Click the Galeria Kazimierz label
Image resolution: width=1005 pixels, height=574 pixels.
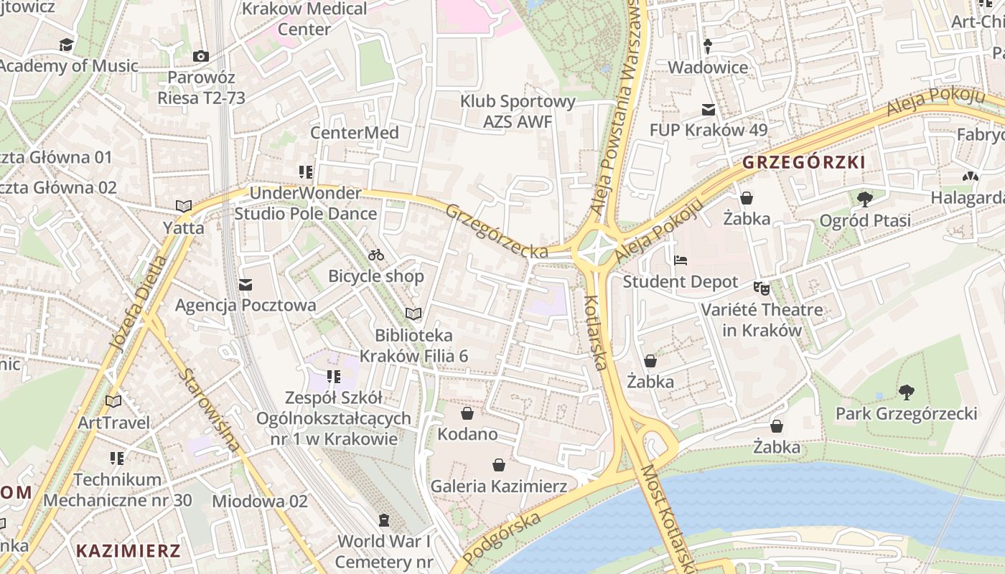click(x=498, y=486)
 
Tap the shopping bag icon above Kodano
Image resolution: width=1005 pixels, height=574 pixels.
click(x=467, y=413)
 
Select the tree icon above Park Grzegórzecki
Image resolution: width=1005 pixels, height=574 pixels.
click(x=906, y=392)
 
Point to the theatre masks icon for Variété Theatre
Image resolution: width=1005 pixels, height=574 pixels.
click(x=761, y=288)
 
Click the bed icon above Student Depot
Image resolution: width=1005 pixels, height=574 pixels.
click(x=680, y=260)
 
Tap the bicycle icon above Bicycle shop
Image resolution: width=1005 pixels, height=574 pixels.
click(x=376, y=255)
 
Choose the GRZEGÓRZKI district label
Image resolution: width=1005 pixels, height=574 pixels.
click(x=803, y=162)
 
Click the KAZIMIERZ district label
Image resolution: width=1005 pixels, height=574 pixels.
click(x=128, y=551)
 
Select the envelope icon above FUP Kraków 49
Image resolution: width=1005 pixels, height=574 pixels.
click(x=709, y=110)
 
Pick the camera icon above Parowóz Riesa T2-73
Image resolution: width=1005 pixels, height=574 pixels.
click(x=201, y=56)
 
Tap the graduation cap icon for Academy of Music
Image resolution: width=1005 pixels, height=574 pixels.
click(x=67, y=45)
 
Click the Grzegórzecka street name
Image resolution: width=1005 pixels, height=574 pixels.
click(x=497, y=231)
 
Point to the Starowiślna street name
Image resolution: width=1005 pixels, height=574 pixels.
click(x=209, y=410)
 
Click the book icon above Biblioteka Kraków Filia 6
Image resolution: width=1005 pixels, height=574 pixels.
click(x=413, y=314)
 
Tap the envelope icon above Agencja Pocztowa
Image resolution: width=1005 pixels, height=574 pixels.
click(x=246, y=285)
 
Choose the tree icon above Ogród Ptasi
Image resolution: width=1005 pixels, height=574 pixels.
click(x=865, y=199)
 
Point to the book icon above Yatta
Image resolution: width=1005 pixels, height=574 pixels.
click(x=184, y=207)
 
